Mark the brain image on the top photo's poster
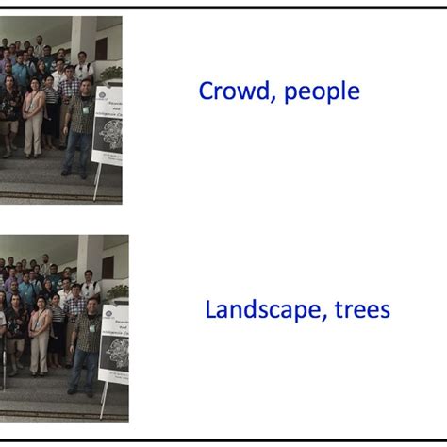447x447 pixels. pos(111,134)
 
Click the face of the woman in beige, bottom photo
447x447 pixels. pos(40,302)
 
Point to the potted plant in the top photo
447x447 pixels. pos(111,72)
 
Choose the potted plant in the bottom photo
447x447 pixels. pos(118,291)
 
